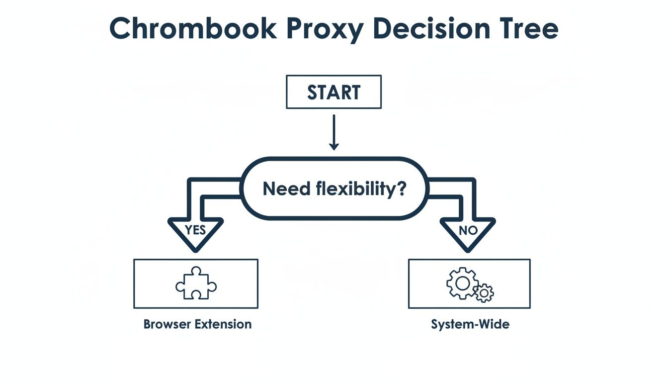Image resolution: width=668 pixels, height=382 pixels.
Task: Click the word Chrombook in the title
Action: [193, 28]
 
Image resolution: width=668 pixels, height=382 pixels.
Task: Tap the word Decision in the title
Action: [432, 28]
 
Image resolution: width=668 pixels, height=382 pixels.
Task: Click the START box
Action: [334, 92]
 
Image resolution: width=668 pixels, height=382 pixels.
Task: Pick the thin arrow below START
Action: [334, 132]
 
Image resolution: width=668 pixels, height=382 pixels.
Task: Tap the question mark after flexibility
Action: [402, 189]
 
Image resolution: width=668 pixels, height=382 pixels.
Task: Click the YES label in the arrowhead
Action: [195, 230]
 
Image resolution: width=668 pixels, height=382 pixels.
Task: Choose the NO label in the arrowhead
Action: [468, 230]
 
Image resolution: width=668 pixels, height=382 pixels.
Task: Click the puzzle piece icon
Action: [196, 283]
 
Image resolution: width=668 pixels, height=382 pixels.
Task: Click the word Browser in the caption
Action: [167, 324]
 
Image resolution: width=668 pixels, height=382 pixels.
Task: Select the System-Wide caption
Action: [470, 324]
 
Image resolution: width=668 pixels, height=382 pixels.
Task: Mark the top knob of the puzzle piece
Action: [196, 271]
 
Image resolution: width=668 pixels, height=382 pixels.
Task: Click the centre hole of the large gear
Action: [463, 283]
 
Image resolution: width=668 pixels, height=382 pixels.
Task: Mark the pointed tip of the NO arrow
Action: [468, 252]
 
